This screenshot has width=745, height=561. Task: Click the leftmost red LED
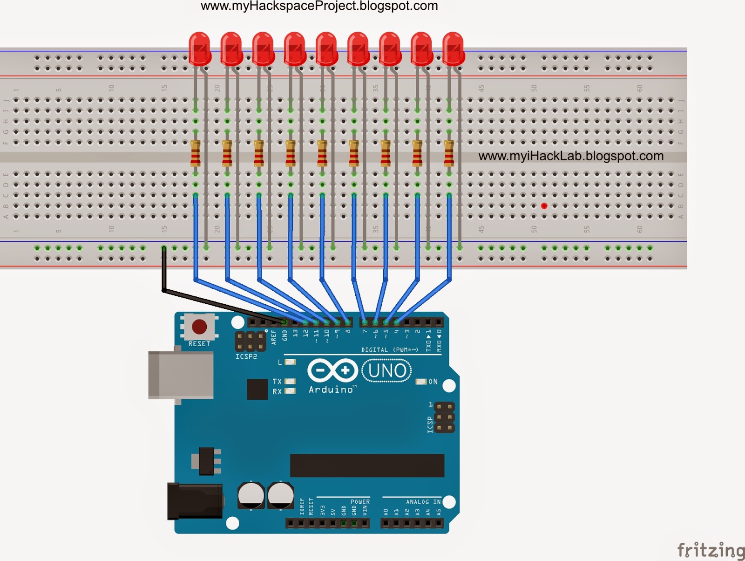coord(200,48)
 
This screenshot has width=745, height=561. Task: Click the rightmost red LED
coord(453,48)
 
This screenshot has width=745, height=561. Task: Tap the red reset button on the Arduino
coord(199,327)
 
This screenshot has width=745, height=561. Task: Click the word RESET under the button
coord(199,344)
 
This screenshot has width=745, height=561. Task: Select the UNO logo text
coord(387,371)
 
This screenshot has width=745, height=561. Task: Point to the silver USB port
coord(180,375)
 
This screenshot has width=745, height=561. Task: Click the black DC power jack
coord(194,501)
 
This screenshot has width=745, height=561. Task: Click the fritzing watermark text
coord(711,550)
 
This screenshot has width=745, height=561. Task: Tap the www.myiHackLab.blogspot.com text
coord(571,156)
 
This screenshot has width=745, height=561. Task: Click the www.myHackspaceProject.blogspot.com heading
coord(319,6)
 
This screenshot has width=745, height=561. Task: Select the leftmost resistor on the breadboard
coord(196,153)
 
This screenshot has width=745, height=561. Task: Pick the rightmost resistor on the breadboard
coord(449,153)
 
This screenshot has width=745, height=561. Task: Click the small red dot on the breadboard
coord(544,205)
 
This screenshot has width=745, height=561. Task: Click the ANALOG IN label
coord(423,502)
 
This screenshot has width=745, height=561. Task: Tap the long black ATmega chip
coord(367,465)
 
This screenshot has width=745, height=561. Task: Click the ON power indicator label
coord(433,382)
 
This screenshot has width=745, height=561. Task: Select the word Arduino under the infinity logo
coord(331,390)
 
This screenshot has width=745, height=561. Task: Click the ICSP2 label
coord(246,356)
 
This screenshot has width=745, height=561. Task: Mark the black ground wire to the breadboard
coord(164,270)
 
